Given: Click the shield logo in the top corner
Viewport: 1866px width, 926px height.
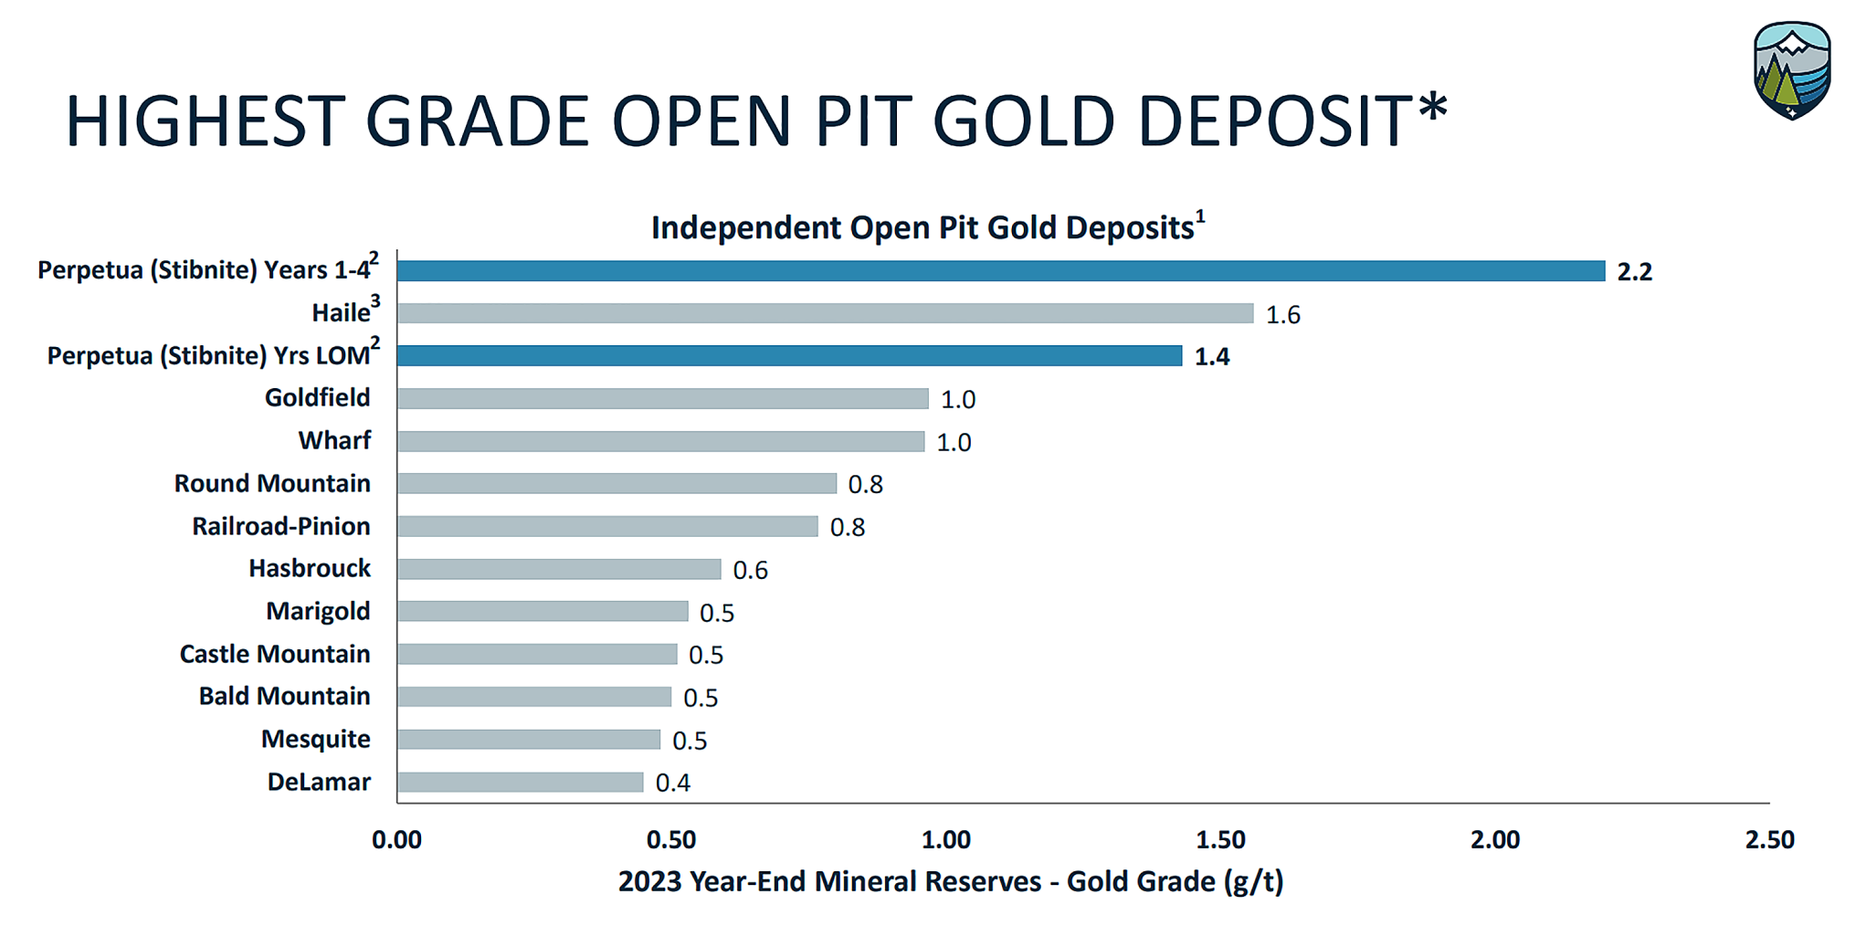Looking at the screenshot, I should [x=1791, y=70].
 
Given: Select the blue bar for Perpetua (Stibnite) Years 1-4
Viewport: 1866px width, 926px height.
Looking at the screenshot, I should [x=1000, y=271].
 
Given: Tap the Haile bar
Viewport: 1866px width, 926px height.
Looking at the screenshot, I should [x=825, y=313].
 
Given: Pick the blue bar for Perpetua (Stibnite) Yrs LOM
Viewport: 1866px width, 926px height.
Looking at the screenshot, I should [x=789, y=356].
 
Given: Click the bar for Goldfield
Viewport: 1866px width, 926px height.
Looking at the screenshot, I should [x=662, y=399].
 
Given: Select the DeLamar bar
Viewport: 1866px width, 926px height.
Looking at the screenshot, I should [x=520, y=783].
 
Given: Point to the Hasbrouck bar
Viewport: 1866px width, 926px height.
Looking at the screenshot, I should [x=559, y=570].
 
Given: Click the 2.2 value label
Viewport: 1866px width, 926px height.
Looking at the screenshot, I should [x=1634, y=272].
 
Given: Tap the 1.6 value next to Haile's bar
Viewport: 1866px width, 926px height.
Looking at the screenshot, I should [x=1282, y=315].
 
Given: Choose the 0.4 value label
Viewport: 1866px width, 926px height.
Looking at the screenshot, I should [x=672, y=784].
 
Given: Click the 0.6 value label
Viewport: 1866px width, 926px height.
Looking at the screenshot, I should [x=750, y=571].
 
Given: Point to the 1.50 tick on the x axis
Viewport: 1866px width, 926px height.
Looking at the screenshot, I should [x=1220, y=840].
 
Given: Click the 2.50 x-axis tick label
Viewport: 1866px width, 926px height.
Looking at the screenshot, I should [x=1769, y=840].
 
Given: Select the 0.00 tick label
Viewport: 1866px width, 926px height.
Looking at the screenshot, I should [x=396, y=840].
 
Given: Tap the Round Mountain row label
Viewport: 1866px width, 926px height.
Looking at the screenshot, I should [x=272, y=484].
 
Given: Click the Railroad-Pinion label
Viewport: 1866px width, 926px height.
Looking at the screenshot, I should [x=280, y=527].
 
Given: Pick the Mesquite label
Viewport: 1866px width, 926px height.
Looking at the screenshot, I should [x=315, y=740].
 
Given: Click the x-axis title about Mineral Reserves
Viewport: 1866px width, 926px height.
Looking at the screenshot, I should [x=950, y=882].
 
